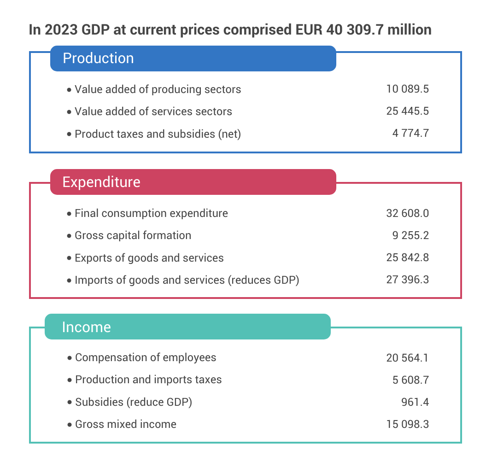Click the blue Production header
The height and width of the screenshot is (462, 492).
[193, 58]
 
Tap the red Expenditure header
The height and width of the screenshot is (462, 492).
[193, 182]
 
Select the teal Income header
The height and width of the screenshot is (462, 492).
[187, 327]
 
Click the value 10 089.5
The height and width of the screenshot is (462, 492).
[407, 89]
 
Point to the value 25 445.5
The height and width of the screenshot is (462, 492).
[407, 111]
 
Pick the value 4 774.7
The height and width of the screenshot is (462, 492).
[410, 134]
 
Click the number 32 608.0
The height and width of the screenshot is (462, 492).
[407, 213]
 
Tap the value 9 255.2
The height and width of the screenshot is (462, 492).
[410, 235]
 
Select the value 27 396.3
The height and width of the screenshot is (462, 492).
[407, 280]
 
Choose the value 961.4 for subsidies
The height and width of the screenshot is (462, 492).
[415, 402]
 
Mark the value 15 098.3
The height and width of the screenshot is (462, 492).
[407, 424]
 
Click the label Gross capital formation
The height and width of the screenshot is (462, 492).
[133, 235]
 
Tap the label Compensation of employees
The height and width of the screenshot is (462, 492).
[146, 357]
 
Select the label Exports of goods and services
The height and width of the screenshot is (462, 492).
[149, 258]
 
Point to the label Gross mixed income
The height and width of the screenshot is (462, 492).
[126, 424]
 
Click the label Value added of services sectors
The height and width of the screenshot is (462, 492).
[153, 111]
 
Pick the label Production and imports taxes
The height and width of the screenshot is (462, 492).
[148, 380]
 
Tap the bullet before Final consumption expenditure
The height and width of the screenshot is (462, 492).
[69, 214]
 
